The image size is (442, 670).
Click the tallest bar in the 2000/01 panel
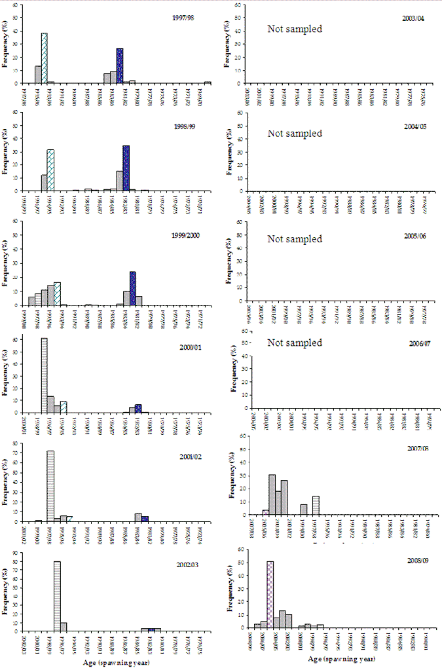pyautogui.click(x=45, y=375)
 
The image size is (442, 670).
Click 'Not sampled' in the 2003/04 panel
pyautogui.click(x=295, y=28)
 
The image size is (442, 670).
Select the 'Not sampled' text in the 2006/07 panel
pyautogui.click(x=295, y=343)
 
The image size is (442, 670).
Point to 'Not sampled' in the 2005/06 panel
pyautogui.click(x=295, y=239)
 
